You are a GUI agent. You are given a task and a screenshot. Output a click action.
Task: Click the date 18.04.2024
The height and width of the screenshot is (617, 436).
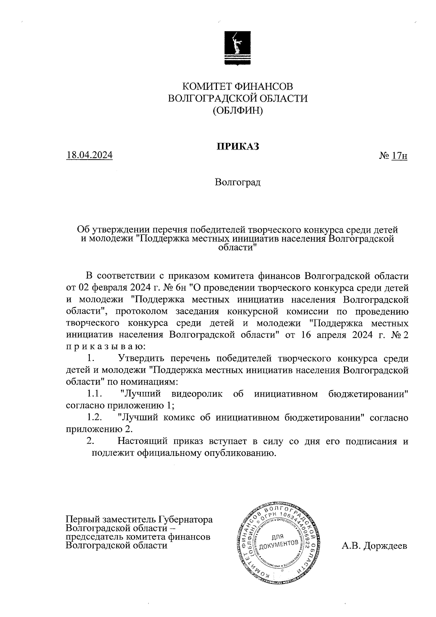[x=89, y=155]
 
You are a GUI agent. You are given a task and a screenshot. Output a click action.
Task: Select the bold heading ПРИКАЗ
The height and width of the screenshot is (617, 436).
[x=238, y=146]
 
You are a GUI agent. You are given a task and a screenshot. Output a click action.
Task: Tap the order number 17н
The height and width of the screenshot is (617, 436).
[x=399, y=156]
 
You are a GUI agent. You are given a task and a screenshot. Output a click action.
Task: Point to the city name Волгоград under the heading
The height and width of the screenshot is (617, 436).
[x=238, y=182]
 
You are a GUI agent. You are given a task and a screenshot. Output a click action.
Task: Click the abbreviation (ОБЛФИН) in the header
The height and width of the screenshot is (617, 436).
[x=238, y=110]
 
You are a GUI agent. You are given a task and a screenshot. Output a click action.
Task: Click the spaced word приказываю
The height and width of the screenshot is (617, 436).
[x=106, y=347]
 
